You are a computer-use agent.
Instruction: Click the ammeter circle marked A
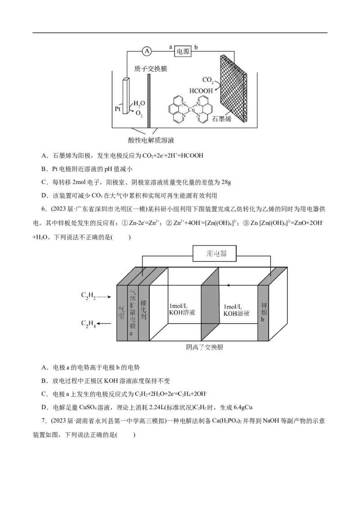147,51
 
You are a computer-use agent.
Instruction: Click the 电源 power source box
183,51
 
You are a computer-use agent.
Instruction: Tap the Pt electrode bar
126,96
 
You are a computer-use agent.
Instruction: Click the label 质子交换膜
151,69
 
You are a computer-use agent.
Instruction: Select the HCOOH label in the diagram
201,91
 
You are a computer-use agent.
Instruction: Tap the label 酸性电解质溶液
151,140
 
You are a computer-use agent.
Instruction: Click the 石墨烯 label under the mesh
221,119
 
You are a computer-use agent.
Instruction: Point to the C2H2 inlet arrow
104,297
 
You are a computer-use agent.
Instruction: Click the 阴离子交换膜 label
205,347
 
